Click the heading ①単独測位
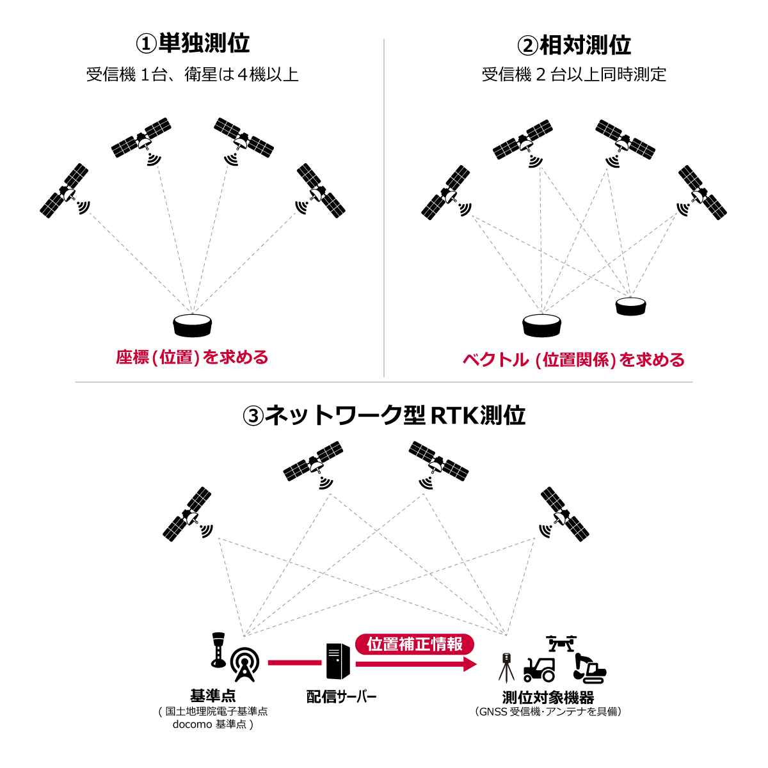click(x=193, y=44)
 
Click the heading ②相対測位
click(x=574, y=45)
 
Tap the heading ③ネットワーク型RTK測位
click(x=384, y=415)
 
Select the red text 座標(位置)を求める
click(x=192, y=357)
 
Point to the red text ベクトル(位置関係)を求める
click(x=573, y=360)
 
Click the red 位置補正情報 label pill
click(x=415, y=644)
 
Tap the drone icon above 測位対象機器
click(x=561, y=643)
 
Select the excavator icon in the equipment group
click(x=588, y=668)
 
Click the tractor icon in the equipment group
click(x=540, y=669)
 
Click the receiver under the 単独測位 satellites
click(x=192, y=325)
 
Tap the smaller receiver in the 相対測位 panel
click(x=631, y=306)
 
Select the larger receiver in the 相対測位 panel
click(x=541, y=325)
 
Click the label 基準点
click(x=212, y=696)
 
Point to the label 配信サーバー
click(x=341, y=696)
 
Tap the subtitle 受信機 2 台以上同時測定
click(x=573, y=75)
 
